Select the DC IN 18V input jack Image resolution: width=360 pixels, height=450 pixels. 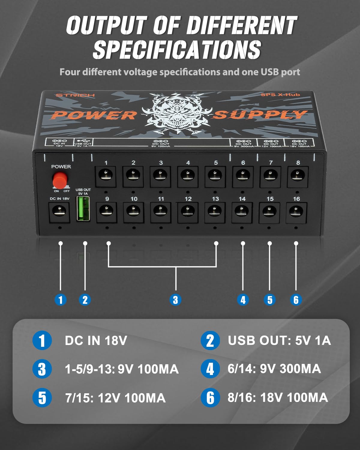59,211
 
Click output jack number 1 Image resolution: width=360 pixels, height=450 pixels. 106,176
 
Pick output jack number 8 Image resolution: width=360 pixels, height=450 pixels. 298,176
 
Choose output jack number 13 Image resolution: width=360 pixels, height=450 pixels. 215,212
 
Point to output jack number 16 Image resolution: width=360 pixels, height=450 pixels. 296,212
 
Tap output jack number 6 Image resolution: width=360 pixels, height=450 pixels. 243,176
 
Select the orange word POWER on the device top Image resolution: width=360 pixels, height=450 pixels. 95,115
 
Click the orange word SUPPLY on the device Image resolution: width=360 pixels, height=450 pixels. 260,115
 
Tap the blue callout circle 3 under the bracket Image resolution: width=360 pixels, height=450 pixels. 175,300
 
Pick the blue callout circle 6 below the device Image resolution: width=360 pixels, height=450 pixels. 296,300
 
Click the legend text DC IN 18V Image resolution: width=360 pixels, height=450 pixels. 96,340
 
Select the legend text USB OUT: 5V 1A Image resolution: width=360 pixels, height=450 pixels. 279,340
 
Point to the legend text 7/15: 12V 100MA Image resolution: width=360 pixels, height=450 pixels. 115,398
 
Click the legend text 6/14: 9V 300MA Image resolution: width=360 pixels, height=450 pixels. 274,369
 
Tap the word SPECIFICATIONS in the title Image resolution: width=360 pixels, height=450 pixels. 177,49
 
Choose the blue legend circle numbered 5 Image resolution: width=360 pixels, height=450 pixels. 42,398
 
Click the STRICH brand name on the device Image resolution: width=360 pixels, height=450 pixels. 75,95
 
